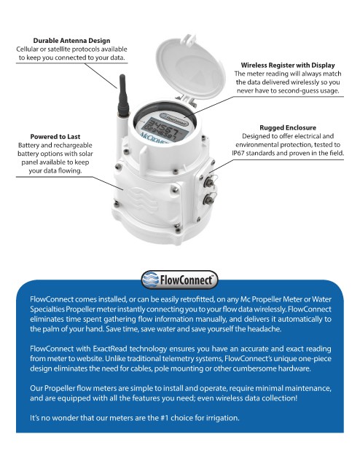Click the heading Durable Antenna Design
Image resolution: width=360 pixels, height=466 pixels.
click(71, 41)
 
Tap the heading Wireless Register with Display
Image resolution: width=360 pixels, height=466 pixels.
click(288, 65)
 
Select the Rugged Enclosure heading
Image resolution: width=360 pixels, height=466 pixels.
click(288, 127)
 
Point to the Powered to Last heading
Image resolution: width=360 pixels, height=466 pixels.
click(55, 136)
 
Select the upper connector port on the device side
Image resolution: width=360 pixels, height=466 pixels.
click(208, 181)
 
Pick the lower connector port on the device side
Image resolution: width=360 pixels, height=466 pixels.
click(208, 199)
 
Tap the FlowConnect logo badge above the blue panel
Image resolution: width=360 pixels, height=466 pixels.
click(179, 280)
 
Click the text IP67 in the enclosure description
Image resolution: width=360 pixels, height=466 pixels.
click(238, 153)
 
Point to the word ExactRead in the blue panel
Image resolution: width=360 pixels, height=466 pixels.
click(109, 348)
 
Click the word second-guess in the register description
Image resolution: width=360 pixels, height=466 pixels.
click(299, 90)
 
